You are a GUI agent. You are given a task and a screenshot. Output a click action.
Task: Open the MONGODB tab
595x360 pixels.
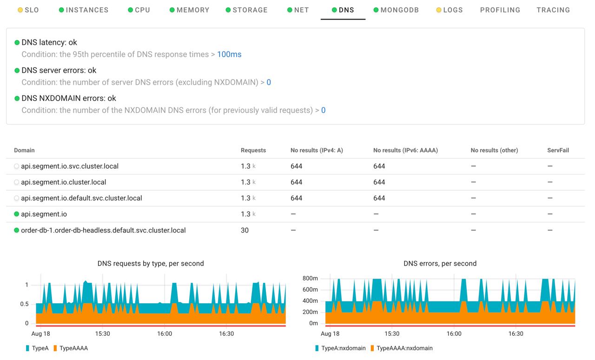[x=399, y=10]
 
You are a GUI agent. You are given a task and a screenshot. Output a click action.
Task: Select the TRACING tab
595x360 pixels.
[x=553, y=10]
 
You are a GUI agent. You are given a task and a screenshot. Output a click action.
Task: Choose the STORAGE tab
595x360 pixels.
[x=250, y=10]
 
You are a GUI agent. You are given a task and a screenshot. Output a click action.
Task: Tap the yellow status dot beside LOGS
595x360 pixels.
[x=439, y=10]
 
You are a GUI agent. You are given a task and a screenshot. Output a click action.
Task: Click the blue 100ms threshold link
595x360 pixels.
[x=229, y=54]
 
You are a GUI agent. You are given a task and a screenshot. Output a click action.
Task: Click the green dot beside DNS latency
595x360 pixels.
[x=17, y=42]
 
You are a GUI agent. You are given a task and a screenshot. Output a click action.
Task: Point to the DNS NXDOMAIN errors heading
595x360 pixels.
[x=69, y=98]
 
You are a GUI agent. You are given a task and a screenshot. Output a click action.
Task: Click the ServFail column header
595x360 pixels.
[x=558, y=150]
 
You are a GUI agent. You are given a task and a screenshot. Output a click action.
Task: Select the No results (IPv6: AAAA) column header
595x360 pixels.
[x=405, y=150]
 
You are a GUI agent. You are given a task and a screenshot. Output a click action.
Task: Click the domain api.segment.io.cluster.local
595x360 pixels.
[x=64, y=182]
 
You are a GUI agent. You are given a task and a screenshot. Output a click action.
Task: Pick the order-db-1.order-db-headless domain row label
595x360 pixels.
[x=103, y=230]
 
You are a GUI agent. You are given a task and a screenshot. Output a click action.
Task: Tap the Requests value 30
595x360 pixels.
[x=245, y=230]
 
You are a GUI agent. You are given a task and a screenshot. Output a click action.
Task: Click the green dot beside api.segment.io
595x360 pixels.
[x=17, y=214]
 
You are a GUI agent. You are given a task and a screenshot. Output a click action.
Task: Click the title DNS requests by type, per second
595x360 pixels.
[x=151, y=263]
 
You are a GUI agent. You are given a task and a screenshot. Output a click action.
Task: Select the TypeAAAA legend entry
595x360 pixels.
[x=73, y=348]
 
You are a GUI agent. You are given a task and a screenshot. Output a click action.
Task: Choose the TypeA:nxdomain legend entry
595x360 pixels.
[x=344, y=348]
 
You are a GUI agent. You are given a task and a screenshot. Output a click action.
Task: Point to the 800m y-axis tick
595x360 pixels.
[x=310, y=279]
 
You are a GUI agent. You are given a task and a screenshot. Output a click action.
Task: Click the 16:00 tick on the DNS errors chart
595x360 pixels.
[x=454, y=333]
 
